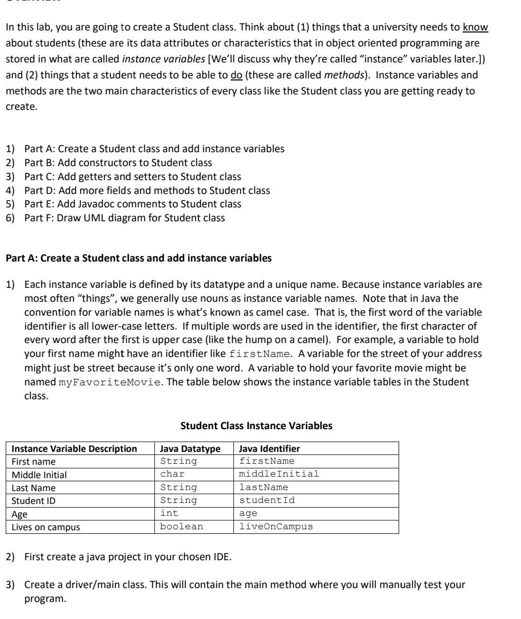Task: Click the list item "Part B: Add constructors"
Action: [x=118, y=162]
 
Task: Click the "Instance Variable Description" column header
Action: [x=74, y=448]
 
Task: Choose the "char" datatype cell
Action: [x=172, y=474]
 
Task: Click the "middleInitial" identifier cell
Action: [x=279, y=474]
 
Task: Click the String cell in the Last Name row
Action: [x=179, y=487]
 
